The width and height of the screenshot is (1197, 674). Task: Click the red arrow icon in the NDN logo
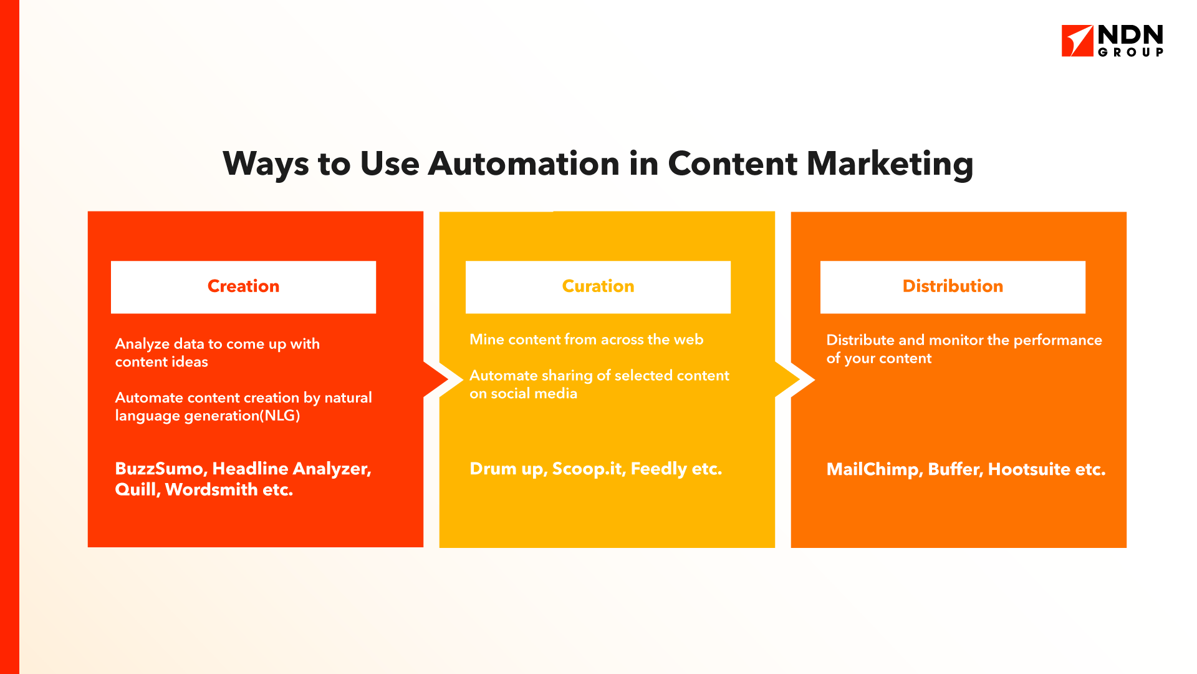pos(1077,41)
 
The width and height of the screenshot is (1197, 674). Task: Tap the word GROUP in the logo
pos(1130,52)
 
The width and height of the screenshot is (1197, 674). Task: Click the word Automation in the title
pos(524,164)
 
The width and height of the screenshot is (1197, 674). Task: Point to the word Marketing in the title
pos(890,164)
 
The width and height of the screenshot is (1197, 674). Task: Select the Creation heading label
pos(243,286)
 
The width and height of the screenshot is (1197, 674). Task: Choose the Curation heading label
pos(598,286)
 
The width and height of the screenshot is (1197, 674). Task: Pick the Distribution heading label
pos(953,286)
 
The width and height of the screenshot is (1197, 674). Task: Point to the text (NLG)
pos(280,416)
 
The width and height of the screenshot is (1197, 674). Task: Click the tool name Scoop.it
pos(589,469)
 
